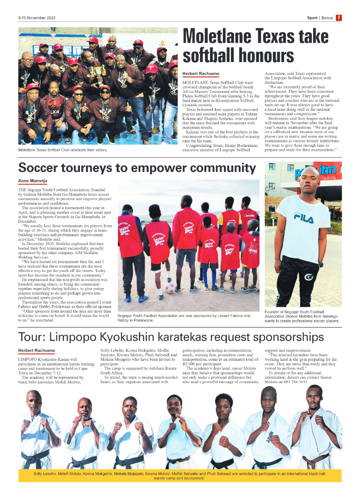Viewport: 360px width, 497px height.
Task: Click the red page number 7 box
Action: [x=339, y=18]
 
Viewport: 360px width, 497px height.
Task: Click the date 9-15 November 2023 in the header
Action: [x=37, y=18]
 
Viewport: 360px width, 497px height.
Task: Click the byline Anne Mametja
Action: [x=33, y=181]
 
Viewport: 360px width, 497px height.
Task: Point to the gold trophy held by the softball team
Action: [x=98, y=70]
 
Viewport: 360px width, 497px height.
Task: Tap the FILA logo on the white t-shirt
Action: [x=303, y=218]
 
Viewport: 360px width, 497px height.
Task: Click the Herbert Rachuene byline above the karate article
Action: [x=37, y=351]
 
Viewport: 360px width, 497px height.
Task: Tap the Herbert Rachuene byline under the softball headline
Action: [x=201, y=73]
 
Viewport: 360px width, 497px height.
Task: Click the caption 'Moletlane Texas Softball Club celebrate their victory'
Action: [x=63, y=150]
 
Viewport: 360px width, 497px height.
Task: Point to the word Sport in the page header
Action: [x=312, y=18]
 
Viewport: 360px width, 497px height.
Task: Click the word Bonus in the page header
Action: [x=327, y=18]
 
